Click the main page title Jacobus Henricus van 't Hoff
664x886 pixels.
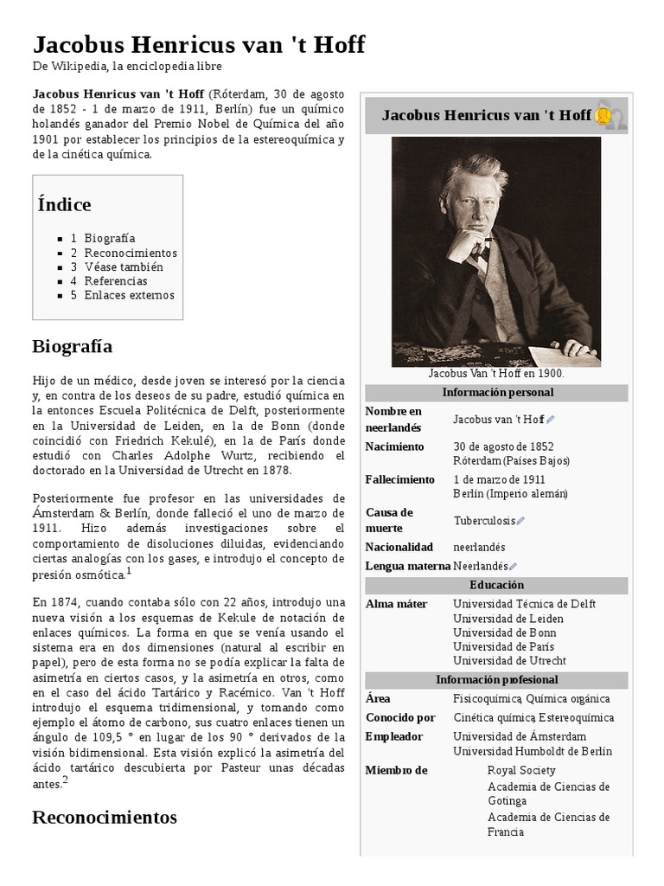pos(199,45)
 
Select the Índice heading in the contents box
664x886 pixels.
pos(65,205)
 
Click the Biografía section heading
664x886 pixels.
pos(73,346)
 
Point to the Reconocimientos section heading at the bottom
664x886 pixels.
pos(105,817)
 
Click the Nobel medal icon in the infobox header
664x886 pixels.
pos(603,116)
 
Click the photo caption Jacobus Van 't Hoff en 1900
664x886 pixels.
pos(496,374)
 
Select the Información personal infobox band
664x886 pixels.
pos(496,393)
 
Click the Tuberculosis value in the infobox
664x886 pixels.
pos(484,521)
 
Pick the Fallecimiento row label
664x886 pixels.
pos(399,479)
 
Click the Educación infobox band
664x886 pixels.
pos(496,586)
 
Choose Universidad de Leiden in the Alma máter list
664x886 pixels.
pos(508,619)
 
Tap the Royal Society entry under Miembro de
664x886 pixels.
pos(521,770)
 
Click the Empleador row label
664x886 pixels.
pos(394,736)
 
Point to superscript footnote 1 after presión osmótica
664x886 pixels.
pos(129,571)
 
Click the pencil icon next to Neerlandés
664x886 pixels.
pos(514,567)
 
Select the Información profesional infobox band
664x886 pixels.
pos(496,680)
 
